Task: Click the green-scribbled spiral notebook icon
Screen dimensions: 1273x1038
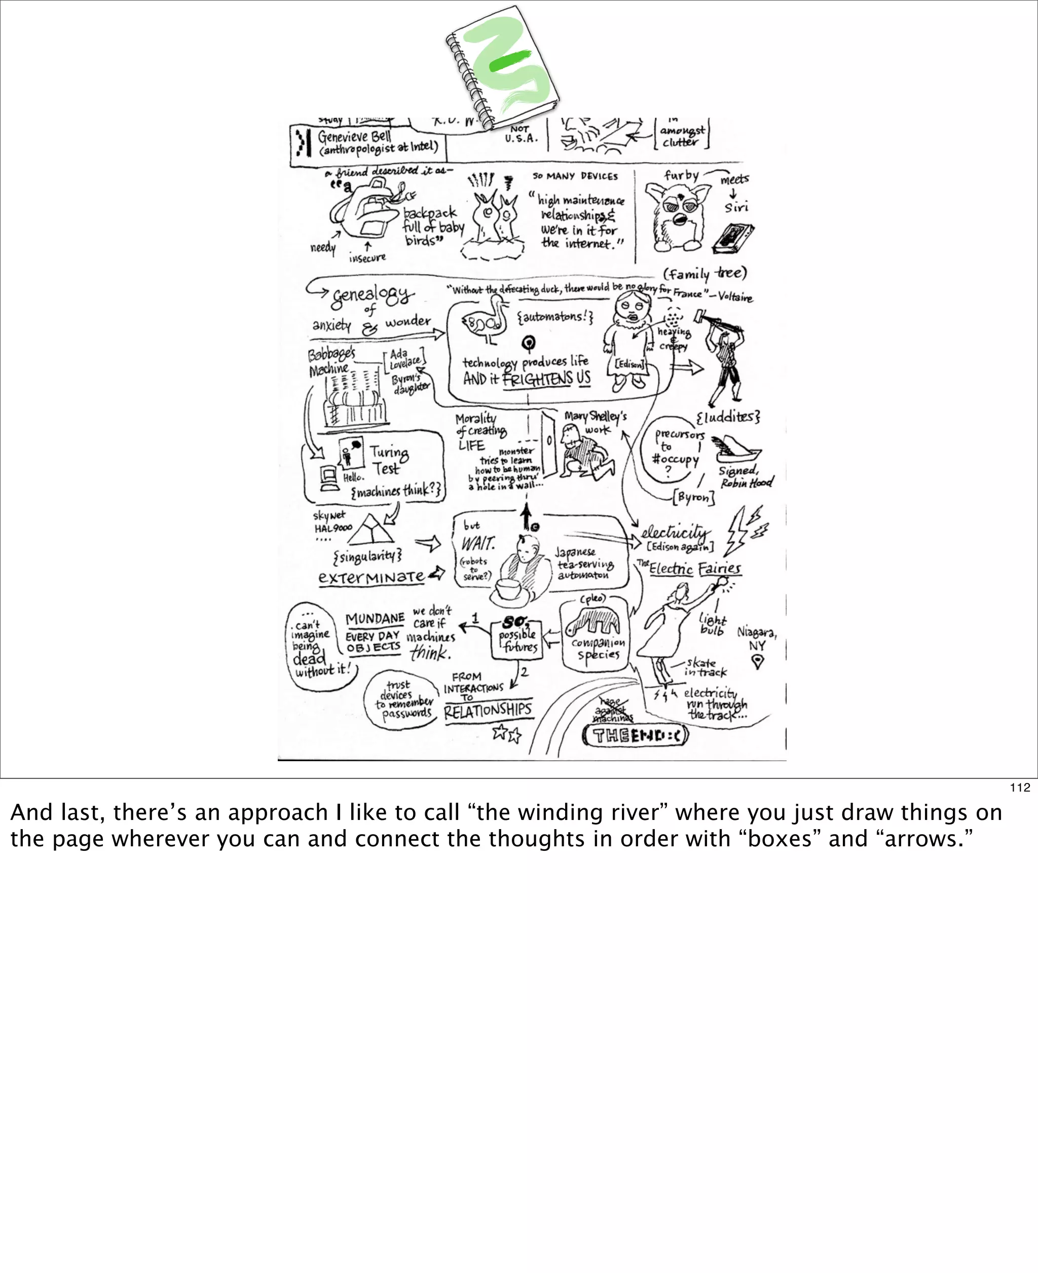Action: click(502, 67)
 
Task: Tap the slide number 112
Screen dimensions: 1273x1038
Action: click(1019, 788)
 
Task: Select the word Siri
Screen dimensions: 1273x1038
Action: click(736, 207)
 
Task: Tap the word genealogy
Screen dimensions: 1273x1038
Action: click(372, 295)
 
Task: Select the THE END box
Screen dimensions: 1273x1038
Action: click(635, 735)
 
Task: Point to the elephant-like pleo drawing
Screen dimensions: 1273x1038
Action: click(593, 622)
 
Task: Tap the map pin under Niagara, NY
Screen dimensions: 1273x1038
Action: click(757, 661)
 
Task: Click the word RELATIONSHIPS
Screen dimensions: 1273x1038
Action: click(487, 710)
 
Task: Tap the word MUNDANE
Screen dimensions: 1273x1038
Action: click(375, 618)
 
